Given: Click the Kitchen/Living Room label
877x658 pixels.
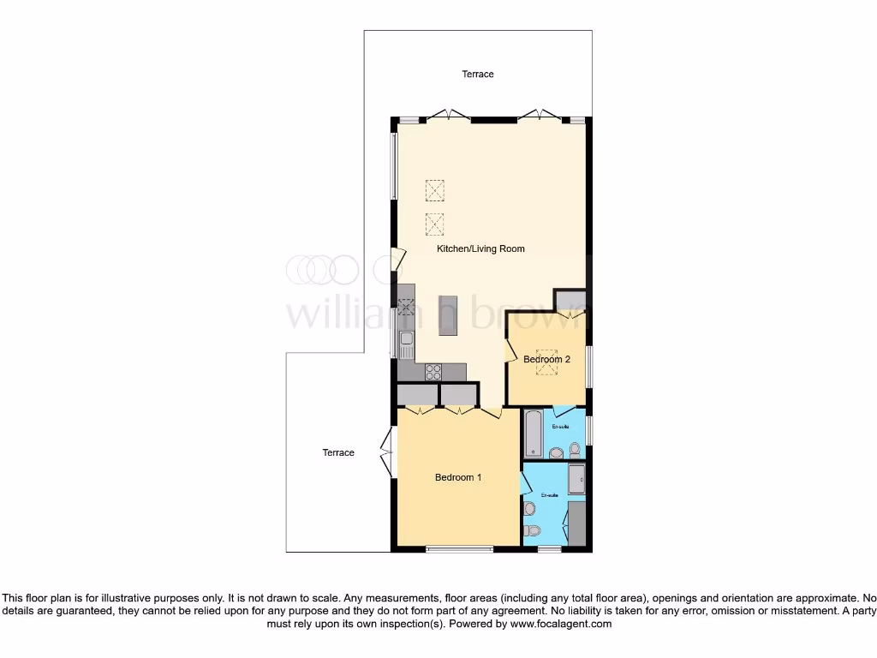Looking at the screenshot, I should pyautogui.click(x=480, y=248).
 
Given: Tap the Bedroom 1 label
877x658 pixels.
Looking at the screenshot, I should pyautogui.click(x=457, y=477).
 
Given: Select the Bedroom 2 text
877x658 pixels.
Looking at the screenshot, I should pyautogui.click(x=546, y=360).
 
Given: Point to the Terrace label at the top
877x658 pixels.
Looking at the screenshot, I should pyautogui.click(x=478, y=75).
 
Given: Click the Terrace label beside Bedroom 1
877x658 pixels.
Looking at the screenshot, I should pyautogui.click(x=338, y=452).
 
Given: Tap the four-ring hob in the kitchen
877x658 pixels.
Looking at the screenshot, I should pyautogui.click(x=433, y=372).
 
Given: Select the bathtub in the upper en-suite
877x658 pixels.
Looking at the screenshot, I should pyautogui.click(x=531, y=434).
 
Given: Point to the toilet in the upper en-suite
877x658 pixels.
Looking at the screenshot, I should pyautogui.click(x=574, y=451).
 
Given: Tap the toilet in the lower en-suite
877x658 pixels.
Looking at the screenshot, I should pyautogui.click(x=532, y=531).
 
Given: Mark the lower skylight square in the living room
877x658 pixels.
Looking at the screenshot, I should pyautogui.click(x=435, y=223).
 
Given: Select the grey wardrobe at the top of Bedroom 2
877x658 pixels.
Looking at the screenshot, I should pyautogui.click(x=570, y=302).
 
